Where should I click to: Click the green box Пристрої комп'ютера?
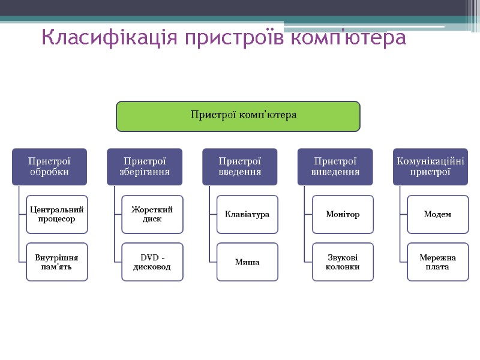click(x=238, y=116)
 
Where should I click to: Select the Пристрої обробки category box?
click(x=49, y=167)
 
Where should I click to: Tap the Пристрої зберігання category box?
click(x=145, y=167)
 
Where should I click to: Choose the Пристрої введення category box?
click(x=239, y=167)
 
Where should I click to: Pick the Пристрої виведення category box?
click(x=335, y=167)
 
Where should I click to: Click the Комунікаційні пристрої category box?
click(x=430, y=167)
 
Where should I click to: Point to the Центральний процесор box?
click(x=57, y=214)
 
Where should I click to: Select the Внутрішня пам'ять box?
click(x=57, y=262)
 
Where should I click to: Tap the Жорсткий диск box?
click(x=152, y=214)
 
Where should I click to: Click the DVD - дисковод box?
click(x=152, y=262)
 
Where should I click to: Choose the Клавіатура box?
click(x=247, y=214)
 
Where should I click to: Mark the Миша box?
click(x=247, y=262)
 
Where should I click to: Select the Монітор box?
click(x=343, y=214)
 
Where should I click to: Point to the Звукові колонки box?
click(x=343, y=262)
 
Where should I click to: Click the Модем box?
click(x=437, y=214)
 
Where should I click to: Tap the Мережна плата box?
click(x=437, y=262)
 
